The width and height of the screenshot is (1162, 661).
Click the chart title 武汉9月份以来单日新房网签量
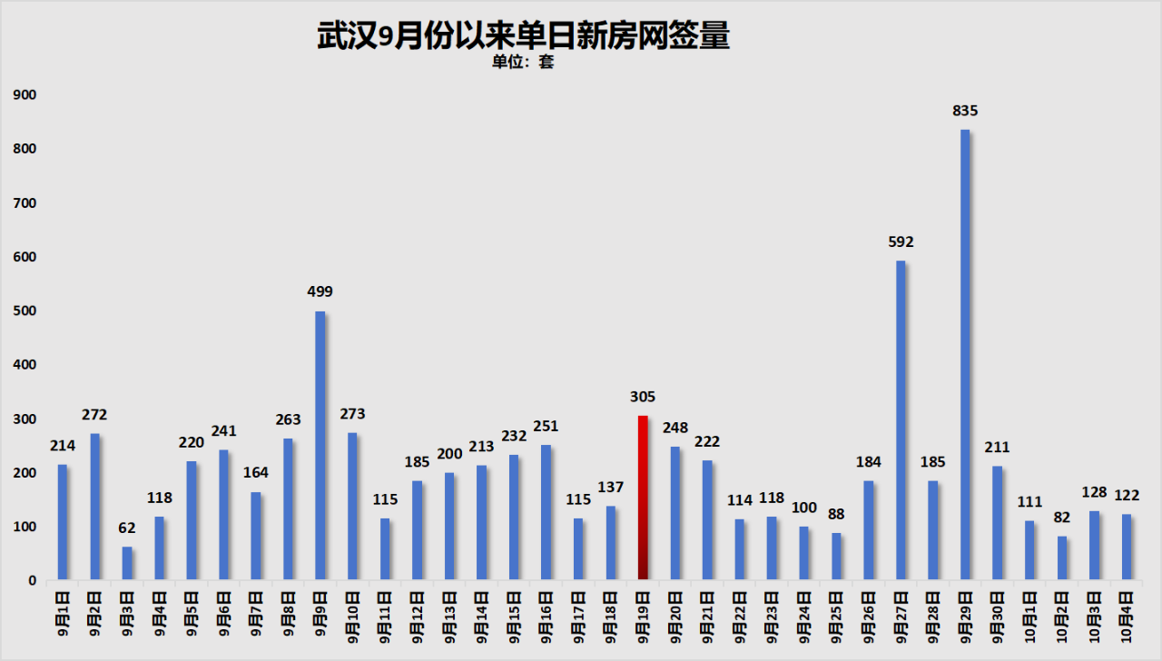(x=523, y=35)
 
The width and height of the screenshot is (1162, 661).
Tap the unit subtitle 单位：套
(x=523, y=63)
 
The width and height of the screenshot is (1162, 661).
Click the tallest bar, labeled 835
(x=965, y=354)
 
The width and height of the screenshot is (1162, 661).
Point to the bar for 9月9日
(x=320, y=445)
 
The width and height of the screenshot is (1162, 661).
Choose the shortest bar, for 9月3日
(x=127, y=563)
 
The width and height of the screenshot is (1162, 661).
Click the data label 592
(x=901, y=242)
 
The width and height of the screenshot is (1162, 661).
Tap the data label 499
(x=320, y=292)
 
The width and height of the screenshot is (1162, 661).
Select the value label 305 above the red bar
(x=643, y=397)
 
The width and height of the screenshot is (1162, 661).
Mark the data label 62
(x=127, y=528)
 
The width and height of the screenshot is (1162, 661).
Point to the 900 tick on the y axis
(x=25, y=94)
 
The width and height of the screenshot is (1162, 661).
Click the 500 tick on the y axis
(x=25, y=311)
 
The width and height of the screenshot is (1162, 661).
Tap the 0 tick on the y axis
(x=32, y=580)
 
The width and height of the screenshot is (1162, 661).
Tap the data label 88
(x=836, y=514)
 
